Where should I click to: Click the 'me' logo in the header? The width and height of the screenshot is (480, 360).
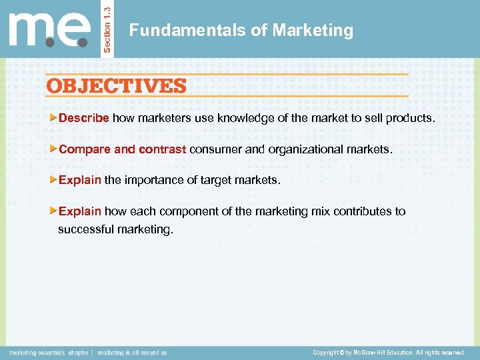[x=49, y=29]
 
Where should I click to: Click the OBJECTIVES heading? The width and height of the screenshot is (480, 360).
[x=116, y=86]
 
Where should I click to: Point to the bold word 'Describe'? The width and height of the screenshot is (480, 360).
[x=84, y=119]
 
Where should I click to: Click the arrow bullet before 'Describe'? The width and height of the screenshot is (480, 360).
[x=55, y=118]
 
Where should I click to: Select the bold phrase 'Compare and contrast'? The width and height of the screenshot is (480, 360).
[x=123, y=149]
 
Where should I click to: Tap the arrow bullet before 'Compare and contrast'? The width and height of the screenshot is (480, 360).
[x=55, y=149]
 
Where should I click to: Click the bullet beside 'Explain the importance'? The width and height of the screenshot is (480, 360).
[x=55, y=179]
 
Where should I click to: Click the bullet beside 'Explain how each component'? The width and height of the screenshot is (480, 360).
[x=55, y=211]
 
